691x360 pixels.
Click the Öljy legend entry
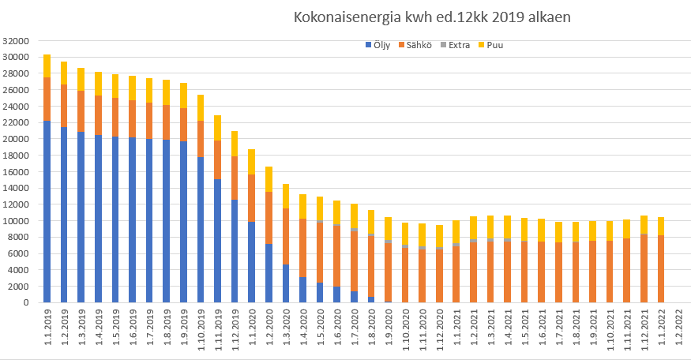[x=381, y=45]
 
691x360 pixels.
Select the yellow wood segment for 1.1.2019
[x=47, y=66]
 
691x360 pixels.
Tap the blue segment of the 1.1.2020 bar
[x=252, y=262]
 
